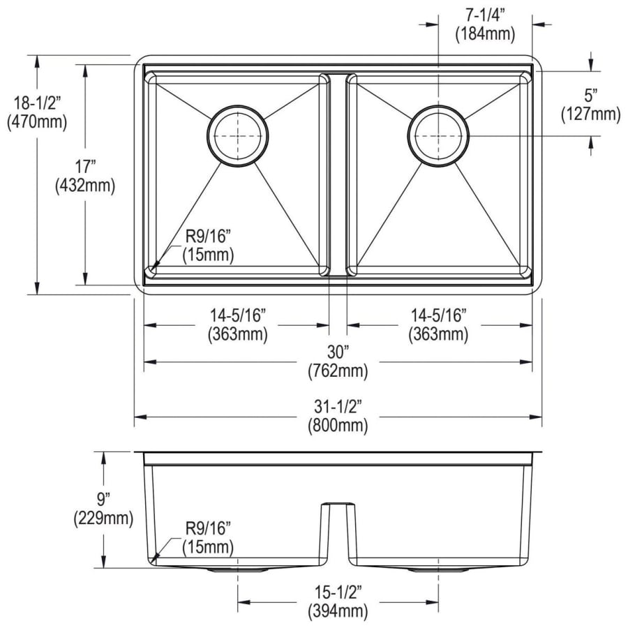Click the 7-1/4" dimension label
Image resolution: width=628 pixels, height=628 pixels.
pos(485,15)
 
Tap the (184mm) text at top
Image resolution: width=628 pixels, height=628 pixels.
pos(485,33)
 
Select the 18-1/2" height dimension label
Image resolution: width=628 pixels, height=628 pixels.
pos(37,103)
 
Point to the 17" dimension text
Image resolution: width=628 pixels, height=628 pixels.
pos(85,167)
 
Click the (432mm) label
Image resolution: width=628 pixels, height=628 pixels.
pos(85,185)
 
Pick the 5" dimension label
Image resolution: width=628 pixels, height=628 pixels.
pos(591,96)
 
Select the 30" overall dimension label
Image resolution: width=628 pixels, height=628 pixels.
pos(338,352)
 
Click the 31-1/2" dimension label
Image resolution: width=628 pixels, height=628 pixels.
pos(338,408)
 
